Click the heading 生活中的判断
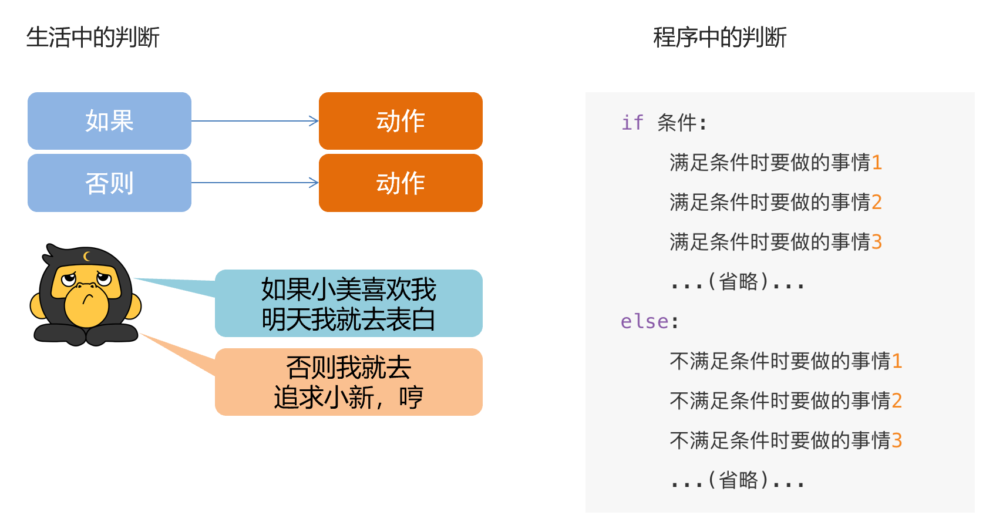click(93, 38)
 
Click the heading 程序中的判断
click(719, 38)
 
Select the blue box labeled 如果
click(109, 121)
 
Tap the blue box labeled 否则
click(109, 183)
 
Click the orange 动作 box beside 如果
click(401, 121)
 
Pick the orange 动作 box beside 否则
click(401, 183)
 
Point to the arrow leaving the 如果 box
click(255, 121)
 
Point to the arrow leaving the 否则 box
click(255, 183)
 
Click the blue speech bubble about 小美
click(349, 304)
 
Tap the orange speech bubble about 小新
click(349, 382)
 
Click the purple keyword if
click(632, 123)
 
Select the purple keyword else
click(645, 321)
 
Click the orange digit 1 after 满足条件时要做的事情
click(877, 162)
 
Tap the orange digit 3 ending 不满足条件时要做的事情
click(897, 440)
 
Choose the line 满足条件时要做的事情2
click(775, 202)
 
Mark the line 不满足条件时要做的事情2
click(785, 401)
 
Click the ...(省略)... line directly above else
click(738, 282)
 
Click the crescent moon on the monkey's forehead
click(86, 256)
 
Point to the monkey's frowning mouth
click(87, 299)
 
